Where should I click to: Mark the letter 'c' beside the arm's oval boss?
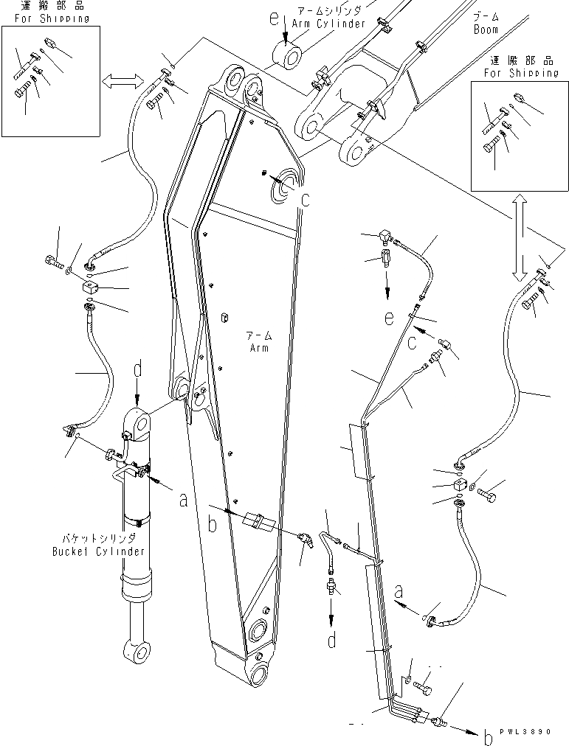click(305, 198)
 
